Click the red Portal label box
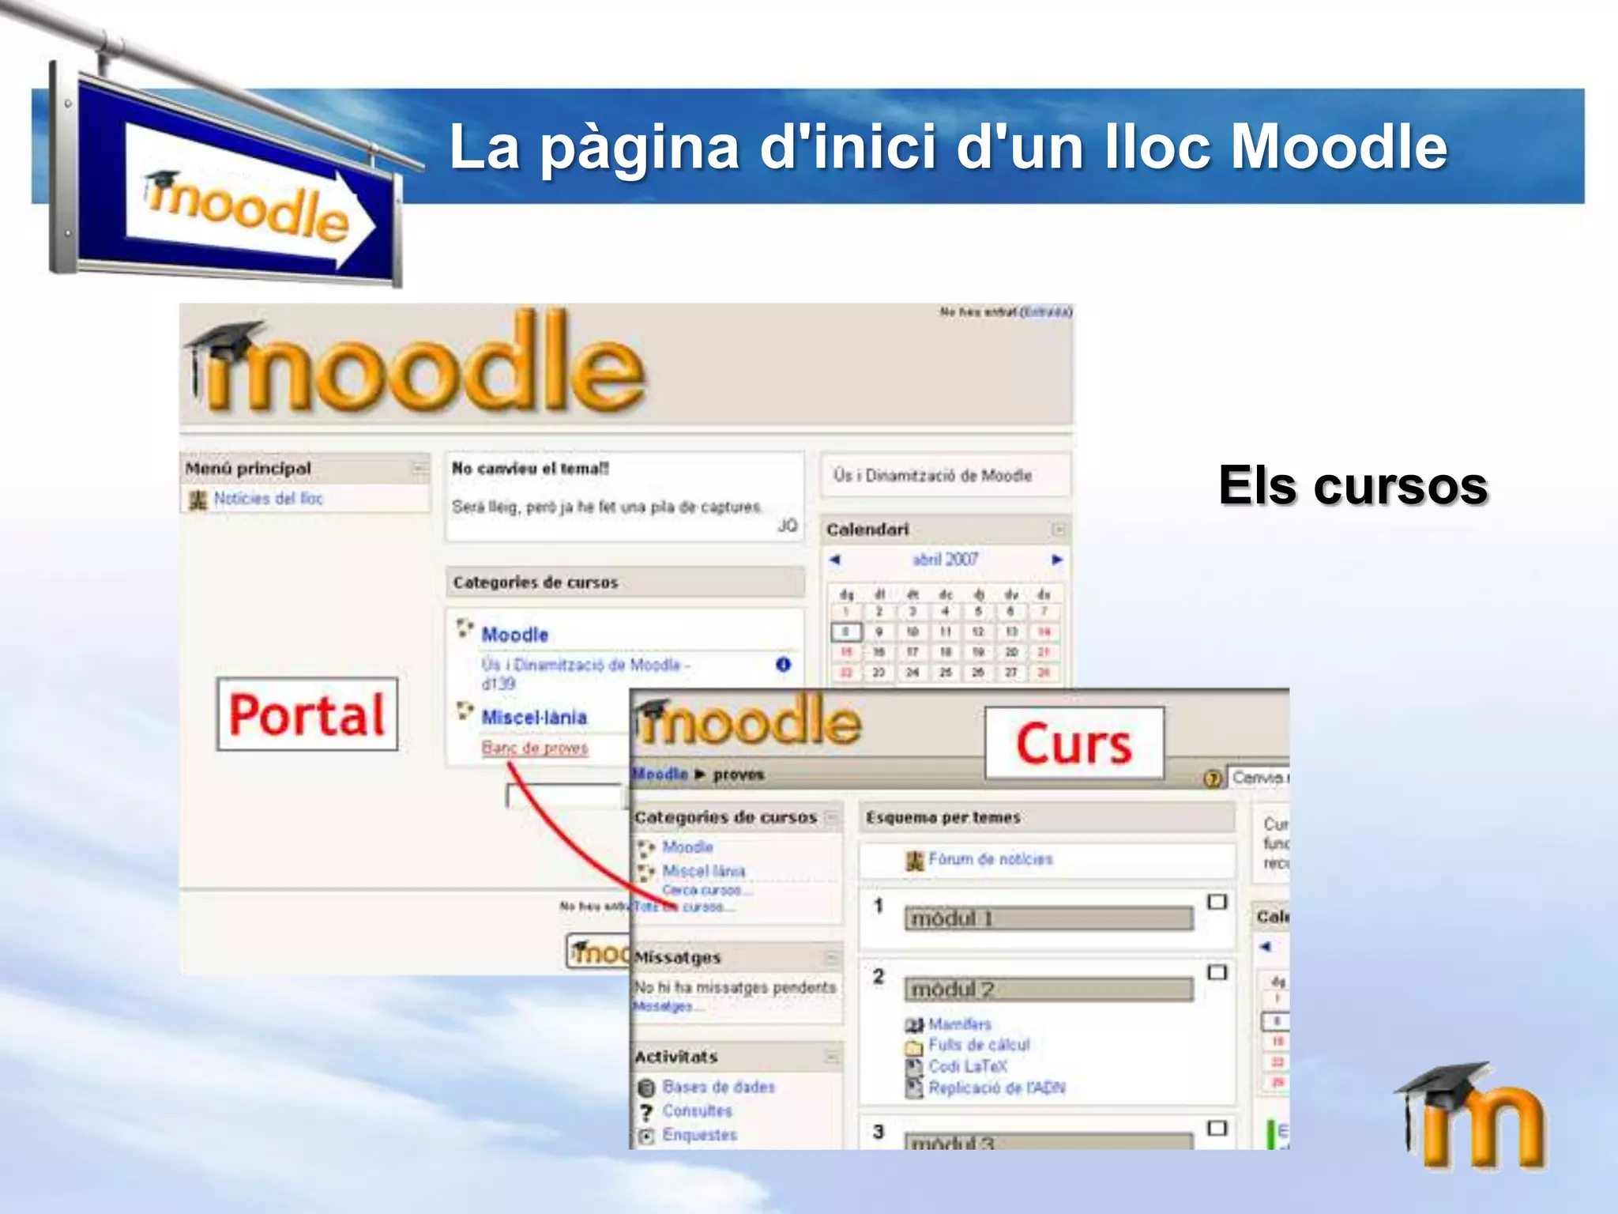click(x=307, y=714)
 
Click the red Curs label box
click(x=1074, y=744)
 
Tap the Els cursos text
click(x=1353, y=485)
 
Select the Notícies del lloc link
click(x=268, y=499)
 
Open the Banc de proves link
click(x=535, y=748)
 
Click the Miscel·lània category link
click(x=534, y=717)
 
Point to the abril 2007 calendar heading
click(x=945, y=560)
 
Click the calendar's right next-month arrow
click(x=1057, y=560)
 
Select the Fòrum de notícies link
click(x=990, y=859)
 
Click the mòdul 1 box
click(x=1048, y=918)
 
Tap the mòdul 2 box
click(x=1048, y=990)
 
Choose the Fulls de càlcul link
click(x=979, y=1045)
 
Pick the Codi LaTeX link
click(x=967, y=1066)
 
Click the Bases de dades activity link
click(x=718, y=1087)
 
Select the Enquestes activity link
click(x=699, y=1135)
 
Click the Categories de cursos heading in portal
click(x=535, y=582)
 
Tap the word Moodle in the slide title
click(x=1338, y=147)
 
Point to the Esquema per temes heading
click(x=943, y=817)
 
